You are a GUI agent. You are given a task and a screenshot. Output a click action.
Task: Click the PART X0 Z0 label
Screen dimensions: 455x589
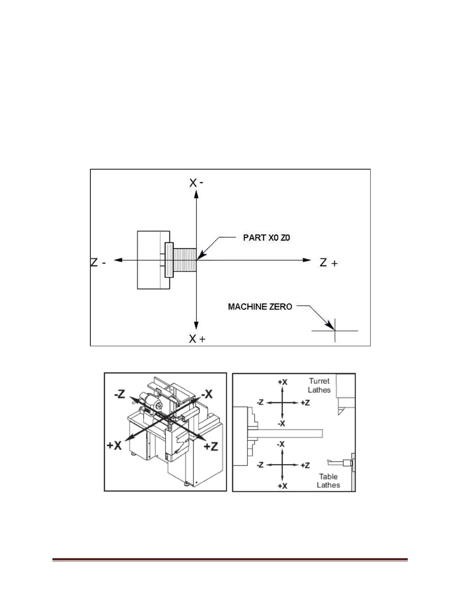click(267, 238)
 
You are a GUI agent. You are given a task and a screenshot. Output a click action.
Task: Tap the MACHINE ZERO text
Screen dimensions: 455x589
click(260, 307)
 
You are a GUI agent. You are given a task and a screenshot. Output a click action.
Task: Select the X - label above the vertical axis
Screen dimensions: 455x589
click(196, 183)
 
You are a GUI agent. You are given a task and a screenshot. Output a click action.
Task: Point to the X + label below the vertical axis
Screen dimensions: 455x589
click(197, 339)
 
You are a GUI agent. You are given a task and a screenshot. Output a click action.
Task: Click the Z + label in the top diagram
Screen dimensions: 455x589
click(329, 263)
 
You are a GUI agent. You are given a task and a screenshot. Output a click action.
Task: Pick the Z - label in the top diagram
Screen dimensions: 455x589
click(99, 262)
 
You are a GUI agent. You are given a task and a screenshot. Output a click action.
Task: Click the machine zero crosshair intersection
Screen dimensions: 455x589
click(335, 330)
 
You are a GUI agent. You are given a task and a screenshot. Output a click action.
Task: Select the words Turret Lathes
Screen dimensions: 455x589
click(319, 385)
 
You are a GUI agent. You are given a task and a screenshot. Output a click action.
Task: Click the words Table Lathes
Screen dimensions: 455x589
click(329, 480)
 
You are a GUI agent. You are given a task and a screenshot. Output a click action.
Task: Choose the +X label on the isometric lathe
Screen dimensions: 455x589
click(115, 445)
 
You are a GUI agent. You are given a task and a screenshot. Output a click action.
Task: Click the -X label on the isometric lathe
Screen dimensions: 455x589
click(206, 394)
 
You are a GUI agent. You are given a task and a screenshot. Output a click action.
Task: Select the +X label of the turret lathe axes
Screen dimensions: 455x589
click(283, 382)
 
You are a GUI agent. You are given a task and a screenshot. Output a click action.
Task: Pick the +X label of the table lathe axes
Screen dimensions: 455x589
click(283, 486)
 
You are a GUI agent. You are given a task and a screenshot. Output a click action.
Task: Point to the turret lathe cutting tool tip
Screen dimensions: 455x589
click(339, 414)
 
